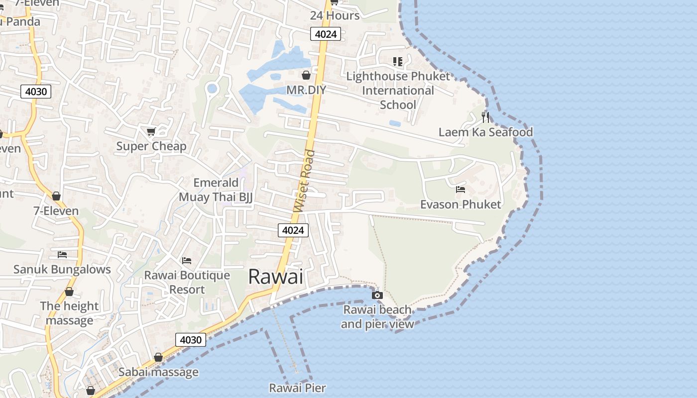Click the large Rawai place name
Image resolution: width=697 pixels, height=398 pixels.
tap(275, 277)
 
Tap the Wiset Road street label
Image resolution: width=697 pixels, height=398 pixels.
tap(305, 181)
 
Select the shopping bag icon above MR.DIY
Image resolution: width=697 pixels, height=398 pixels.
tap(306, 75)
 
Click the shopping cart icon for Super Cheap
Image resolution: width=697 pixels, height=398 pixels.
tap(151, 132)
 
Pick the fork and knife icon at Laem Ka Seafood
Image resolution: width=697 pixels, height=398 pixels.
tap(485, 117)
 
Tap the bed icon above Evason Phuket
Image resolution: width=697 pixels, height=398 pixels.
tap(461, 190)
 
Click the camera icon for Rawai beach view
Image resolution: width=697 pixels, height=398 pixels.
tap(377, 295)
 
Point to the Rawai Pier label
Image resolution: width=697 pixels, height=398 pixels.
tap(297, 388)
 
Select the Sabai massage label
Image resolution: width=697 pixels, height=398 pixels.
tap(158, 372)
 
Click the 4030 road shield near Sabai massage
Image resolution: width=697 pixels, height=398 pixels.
tap(191, 340)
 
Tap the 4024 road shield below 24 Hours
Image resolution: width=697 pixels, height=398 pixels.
tap(326, 34)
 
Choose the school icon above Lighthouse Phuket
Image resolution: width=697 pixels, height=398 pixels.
tap(397, 62)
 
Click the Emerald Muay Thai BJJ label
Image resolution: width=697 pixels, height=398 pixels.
tap(216, 190)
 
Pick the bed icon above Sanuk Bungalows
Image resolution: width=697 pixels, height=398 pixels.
tap(62, 254)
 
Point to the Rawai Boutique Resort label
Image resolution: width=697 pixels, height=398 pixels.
tap(187, 282)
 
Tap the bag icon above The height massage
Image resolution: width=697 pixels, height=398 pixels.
tap(69, 292)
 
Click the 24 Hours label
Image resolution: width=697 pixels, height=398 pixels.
tap(335, 15)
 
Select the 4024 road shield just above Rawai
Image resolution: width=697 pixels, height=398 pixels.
tap(293, 230)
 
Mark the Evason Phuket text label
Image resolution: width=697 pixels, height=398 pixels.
tap(461, 204)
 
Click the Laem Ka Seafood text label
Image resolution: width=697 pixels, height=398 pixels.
tap(485, 132)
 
